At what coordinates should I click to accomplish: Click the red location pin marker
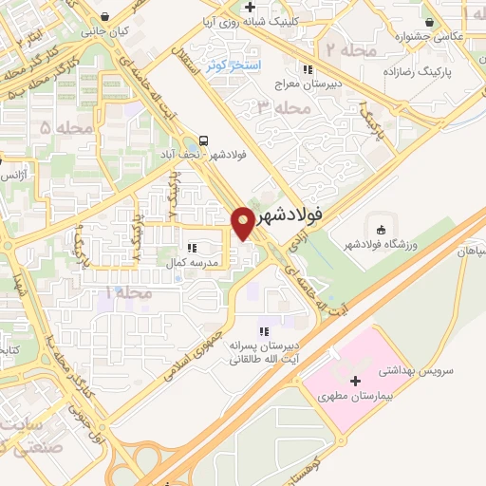[244, 222]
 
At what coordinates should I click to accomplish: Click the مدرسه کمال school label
[193, 262]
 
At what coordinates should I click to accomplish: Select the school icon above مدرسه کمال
[193, 248]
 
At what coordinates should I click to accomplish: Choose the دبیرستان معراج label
[307, 84]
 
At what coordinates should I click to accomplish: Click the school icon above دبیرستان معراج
[306, 69]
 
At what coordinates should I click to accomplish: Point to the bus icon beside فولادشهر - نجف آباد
[206, 139]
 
